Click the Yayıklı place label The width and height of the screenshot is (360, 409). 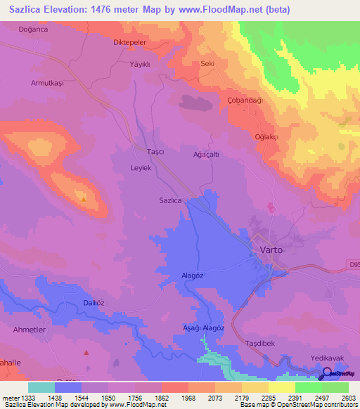click(x=141, y=63)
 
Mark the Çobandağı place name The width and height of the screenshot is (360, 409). click(x=245, y=100)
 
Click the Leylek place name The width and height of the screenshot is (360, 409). click(x=141, y=168)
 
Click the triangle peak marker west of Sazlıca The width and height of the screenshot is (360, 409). click(x=84, y=199)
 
